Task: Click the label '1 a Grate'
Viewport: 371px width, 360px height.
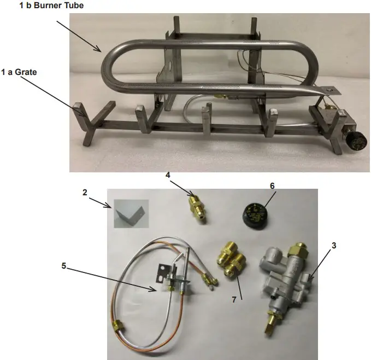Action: click(21, 72)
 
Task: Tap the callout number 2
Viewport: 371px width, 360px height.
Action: click(85, 193)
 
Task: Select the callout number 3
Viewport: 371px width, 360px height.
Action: click(333, 245)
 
